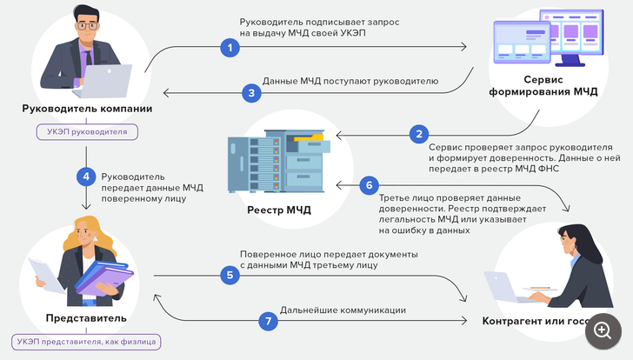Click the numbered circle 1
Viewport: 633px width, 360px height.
[x=230, y=48]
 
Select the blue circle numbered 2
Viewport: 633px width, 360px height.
[x=420, y=134]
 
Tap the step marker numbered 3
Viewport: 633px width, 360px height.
[x=250, y=92]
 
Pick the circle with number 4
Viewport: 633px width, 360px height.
[x=85, y=176]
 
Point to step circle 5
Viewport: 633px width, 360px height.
[x=230, y=276]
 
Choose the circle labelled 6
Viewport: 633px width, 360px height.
[x=370, y=184]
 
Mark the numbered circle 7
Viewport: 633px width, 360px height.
[x=269, y=321]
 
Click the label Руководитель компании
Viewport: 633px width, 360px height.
[x=87, y=109]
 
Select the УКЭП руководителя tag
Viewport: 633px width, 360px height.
[x=87, y=132]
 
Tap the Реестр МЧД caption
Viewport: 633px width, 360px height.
[x=279, y=210]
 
